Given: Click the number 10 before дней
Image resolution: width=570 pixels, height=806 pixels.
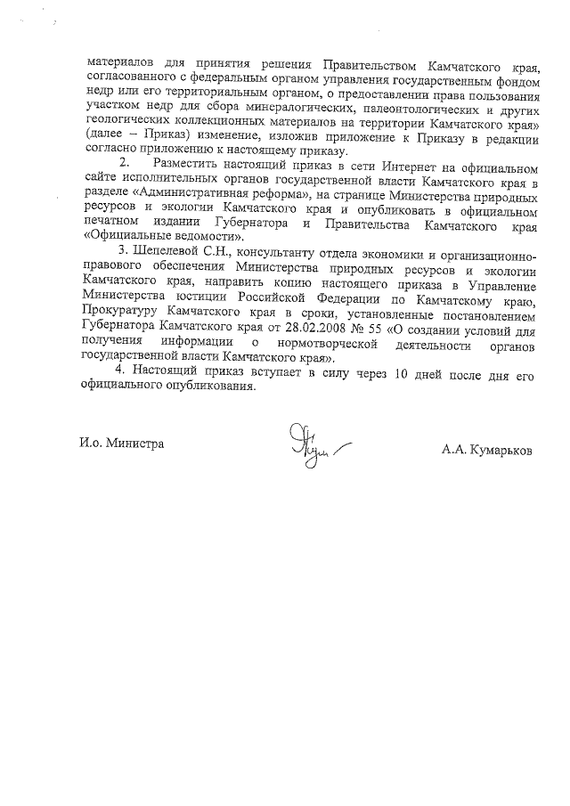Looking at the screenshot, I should (401, 374).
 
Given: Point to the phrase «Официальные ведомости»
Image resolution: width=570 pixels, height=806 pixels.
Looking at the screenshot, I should (165, 238).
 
